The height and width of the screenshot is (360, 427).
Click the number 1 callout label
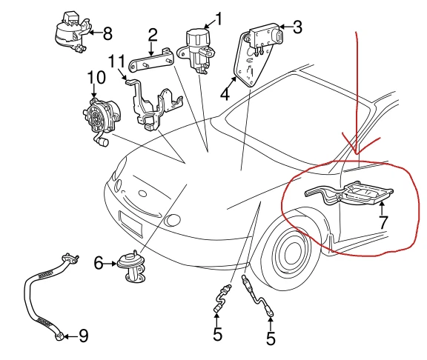pos(219,17)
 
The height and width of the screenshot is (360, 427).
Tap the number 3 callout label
pos(297,28)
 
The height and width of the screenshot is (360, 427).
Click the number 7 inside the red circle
pos(383,222)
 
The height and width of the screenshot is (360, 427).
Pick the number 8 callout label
pos(107,33)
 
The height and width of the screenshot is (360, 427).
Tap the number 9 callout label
pos(84,336)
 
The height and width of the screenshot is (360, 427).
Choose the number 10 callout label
pos(96,77)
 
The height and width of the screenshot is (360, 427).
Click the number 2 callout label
pos(153,35)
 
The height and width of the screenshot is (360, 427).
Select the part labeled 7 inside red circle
pos(348,194)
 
